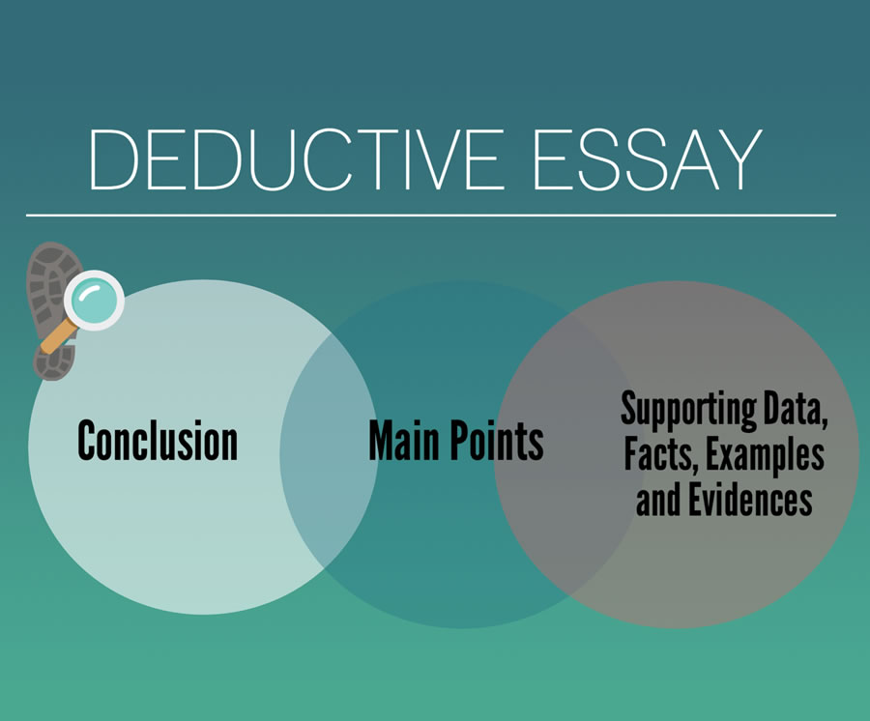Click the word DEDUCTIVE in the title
(x=296, y=159)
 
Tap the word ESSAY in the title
(x=647, y=159)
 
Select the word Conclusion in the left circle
(x=158, y=441)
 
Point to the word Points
(x=497, y=441)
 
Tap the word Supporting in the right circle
(x=688, y=412)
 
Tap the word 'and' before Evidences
(x=658, y=500)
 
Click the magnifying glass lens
(x=94, y=301)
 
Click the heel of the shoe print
(x=54, y=361)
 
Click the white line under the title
(x=431, y=215)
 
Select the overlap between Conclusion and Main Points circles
(x=329, y=452)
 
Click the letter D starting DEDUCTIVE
(x=113, y=159)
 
